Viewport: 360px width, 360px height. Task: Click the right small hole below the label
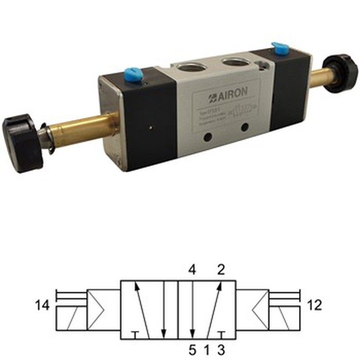pos(244,127)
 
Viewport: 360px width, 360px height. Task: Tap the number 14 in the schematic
pos(43,306)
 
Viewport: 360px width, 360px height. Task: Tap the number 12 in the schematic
pos(315,306)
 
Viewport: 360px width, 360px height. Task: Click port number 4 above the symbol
pos(192,271)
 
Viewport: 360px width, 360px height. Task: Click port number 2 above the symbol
pos(220,271)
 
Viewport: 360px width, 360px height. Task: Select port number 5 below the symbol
pos(192,349)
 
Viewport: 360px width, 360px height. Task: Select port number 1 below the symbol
pos(207,349)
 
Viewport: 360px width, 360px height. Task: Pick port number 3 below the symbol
pos(220,349)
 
